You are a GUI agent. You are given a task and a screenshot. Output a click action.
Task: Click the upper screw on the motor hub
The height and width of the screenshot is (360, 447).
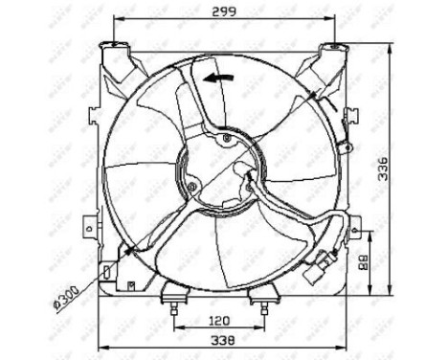click(226, 140)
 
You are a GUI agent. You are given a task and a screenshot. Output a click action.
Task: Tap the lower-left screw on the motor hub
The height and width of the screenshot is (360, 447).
click(192, 186)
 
